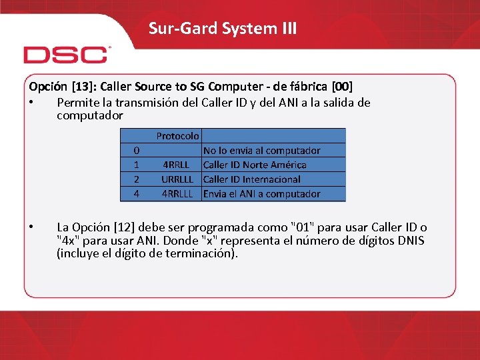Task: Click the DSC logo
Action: pos(65,54)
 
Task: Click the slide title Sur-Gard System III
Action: pos(223,28)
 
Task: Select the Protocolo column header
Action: pos(177,135)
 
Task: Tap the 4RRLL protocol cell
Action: pos(177,165)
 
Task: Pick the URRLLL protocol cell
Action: pos(177,179)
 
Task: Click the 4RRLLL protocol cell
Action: pos(177,194)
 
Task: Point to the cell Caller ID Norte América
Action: pos(255,165)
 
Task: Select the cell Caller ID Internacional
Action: pos(252,179)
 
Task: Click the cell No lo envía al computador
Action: pos(261,151)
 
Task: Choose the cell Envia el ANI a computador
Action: pos(261,194)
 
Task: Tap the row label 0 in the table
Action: pos(136,151)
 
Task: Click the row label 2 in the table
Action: pos(136,179)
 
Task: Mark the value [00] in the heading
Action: pos(342,87)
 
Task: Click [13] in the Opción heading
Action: pos(77,87)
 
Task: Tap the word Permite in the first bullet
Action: pos(77,103)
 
